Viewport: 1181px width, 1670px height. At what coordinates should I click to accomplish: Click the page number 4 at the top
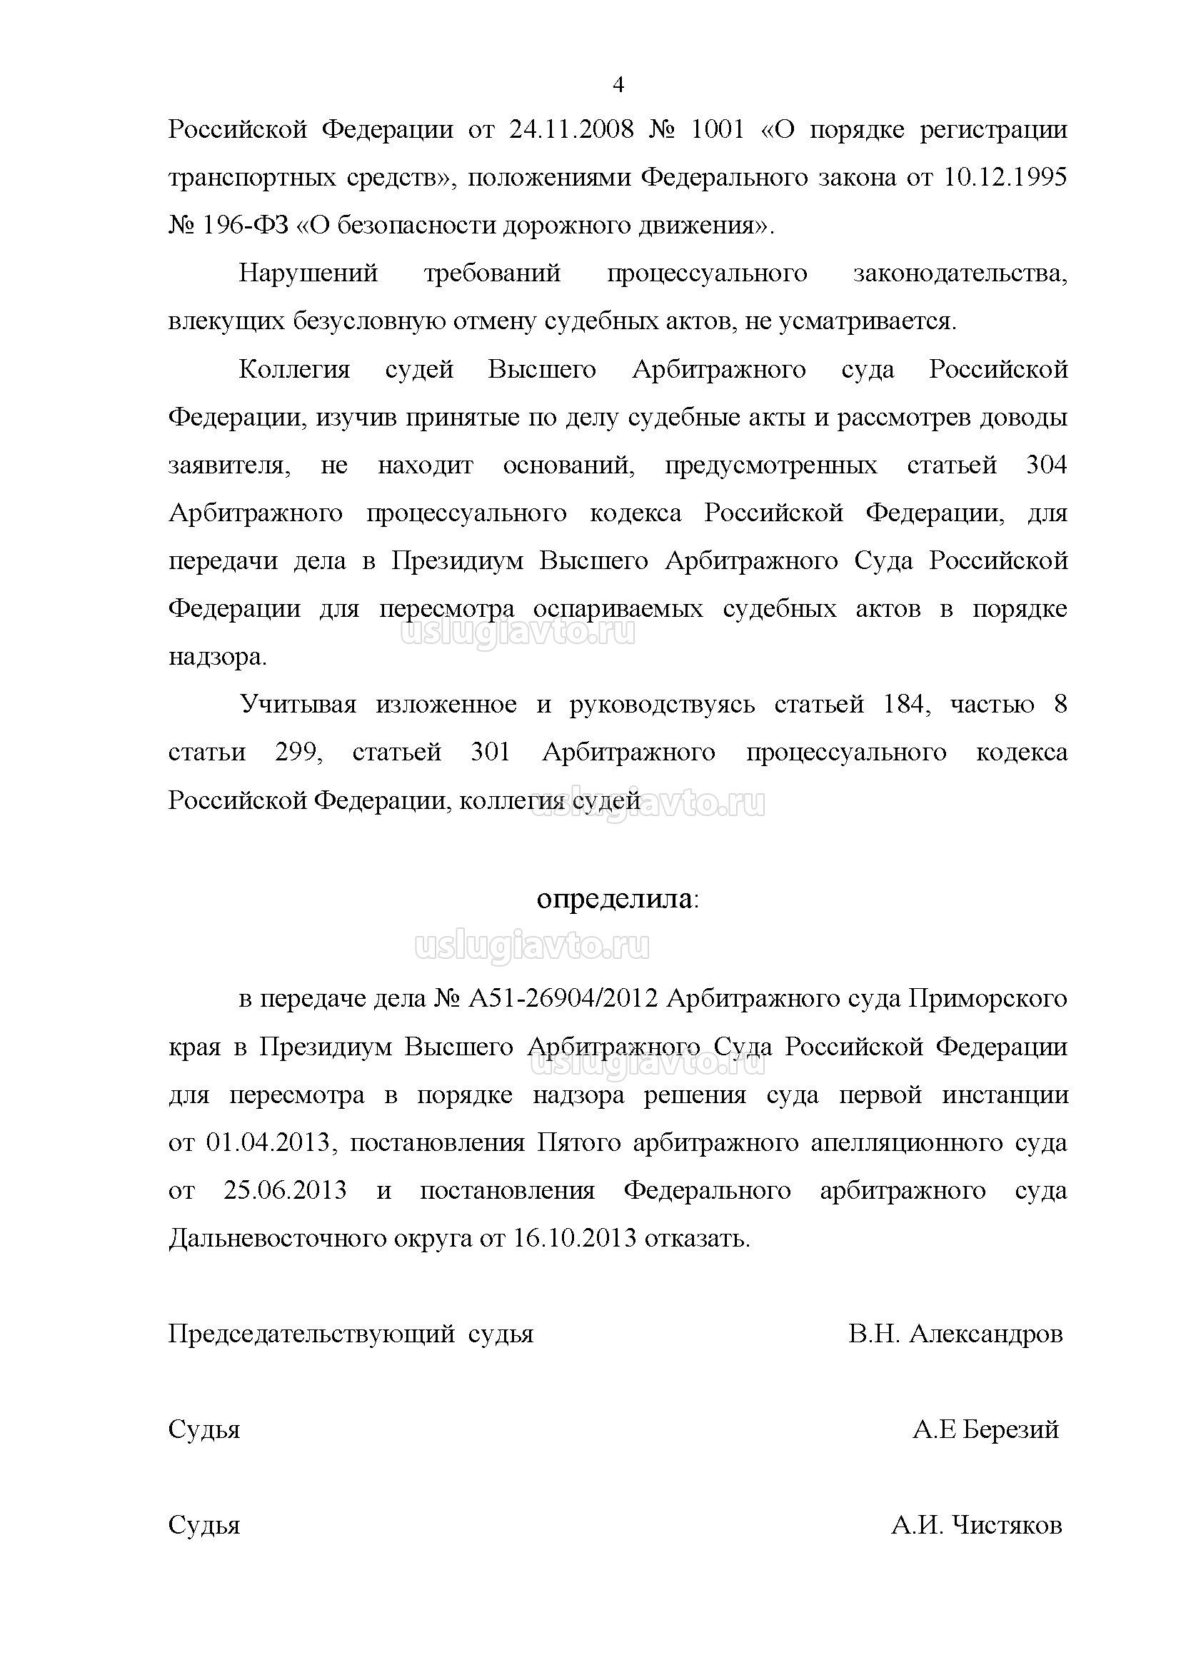(x=618, y=86)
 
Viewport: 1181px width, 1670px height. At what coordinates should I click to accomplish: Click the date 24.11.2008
(x=572, y=130)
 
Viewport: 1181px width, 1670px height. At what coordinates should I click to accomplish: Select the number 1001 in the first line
(x=717, y=130)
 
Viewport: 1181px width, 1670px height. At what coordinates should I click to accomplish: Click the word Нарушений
(x=308, y=274)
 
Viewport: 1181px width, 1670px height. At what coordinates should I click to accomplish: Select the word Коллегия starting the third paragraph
(x=294, y=371)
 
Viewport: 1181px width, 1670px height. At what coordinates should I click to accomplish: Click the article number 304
(x=1047, y=466)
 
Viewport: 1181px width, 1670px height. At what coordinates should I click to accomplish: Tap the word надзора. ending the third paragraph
(x=218, y=657)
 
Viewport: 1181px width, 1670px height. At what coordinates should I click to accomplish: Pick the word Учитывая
(x=298, y=705)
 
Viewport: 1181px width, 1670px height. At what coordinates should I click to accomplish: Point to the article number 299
(x=298, y=753)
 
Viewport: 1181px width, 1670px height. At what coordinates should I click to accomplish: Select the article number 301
(x=491, y=753)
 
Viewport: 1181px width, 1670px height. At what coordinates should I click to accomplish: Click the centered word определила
(x=615, y=900)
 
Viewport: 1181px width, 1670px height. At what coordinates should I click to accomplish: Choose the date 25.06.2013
(x=285, y=1192)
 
